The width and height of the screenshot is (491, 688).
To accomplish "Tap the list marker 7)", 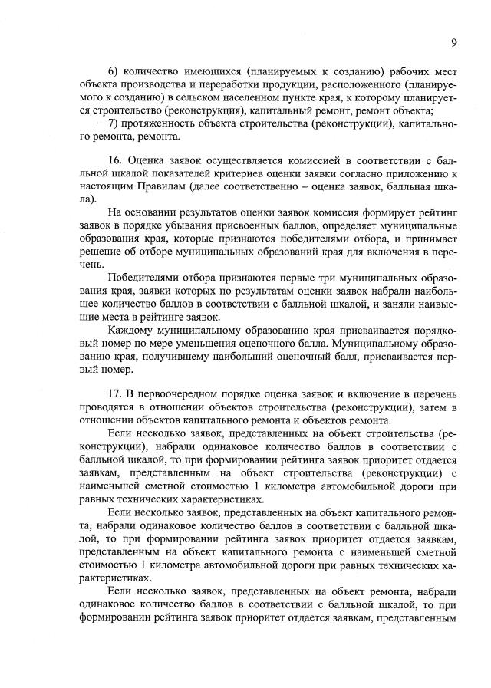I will coord(114,124).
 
